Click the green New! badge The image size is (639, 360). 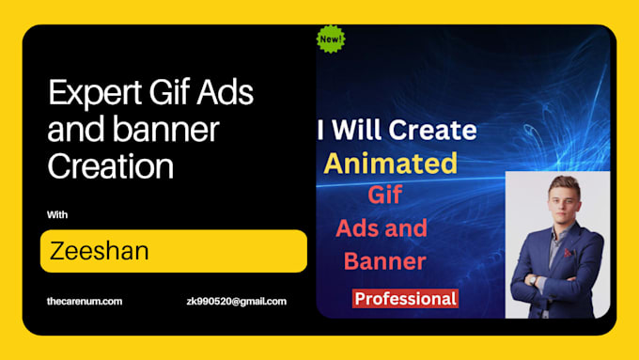pos(331,39)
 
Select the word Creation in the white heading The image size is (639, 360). pos(110,166)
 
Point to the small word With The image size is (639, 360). pos(57,214)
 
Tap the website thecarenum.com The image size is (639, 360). pos(85,302)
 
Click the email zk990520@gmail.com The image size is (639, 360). pos(237,302)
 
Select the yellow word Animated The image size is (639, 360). pos(390,164)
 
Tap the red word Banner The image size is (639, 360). pos(385,259)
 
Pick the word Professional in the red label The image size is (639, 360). pos(405,299)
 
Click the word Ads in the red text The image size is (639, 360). pos(359,227)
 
